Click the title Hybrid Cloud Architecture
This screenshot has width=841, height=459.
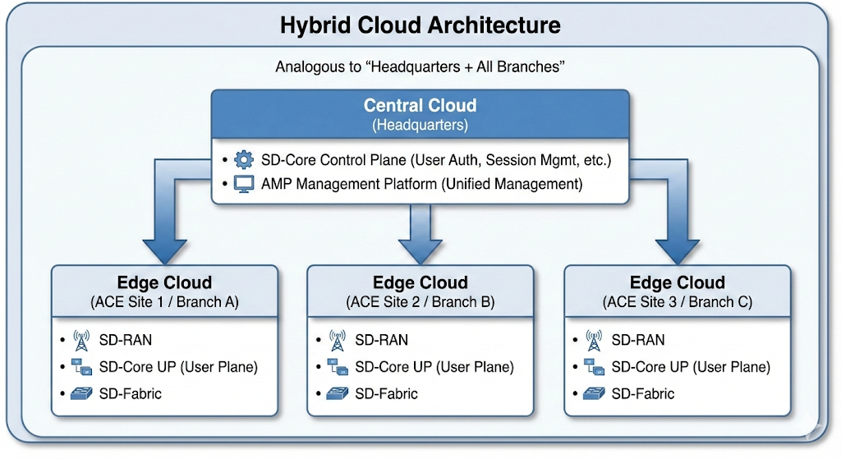pos(420,25)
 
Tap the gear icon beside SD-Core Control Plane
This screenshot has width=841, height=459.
pos(244,159)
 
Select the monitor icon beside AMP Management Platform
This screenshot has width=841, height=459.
pos(244,184)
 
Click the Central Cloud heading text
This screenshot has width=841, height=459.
pos(420,106)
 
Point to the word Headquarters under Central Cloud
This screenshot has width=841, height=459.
pos(420,125)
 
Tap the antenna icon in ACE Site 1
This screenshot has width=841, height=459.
pos(80,339)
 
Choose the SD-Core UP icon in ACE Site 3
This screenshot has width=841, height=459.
pos(593,367)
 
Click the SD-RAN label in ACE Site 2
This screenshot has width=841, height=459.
pos(381,339)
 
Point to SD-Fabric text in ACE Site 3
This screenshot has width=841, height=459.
pos(642,393)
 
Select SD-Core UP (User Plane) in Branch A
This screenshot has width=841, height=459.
pos(177,367)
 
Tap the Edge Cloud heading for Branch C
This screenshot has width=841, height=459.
pos(677,283)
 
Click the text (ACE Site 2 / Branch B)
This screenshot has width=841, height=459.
pos(420,301)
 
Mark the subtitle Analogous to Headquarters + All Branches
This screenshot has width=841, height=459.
pos(420,67)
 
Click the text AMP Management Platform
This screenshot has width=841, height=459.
pos(349,184)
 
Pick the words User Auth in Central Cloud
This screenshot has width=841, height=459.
pos(454,159)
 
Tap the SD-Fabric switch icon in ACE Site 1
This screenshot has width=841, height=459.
pos(80,393)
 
